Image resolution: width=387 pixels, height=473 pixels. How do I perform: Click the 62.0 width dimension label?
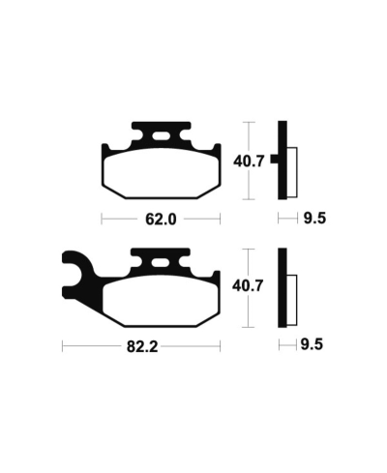[161, 220]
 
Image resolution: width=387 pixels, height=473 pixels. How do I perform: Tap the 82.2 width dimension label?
[142, 347]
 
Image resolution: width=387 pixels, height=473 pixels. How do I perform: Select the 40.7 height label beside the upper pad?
[249, 162]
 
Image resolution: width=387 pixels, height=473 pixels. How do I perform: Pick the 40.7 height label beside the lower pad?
[248, 286]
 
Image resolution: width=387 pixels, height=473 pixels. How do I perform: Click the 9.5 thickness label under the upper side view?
[314, 219]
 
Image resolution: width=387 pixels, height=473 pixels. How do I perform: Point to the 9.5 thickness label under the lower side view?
[312, 344]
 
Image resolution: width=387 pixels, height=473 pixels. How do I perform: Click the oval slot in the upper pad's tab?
[161, 136]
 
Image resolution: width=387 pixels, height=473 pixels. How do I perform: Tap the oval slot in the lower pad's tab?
[161, 263]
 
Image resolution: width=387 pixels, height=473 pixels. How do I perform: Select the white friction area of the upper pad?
[162, 173]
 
